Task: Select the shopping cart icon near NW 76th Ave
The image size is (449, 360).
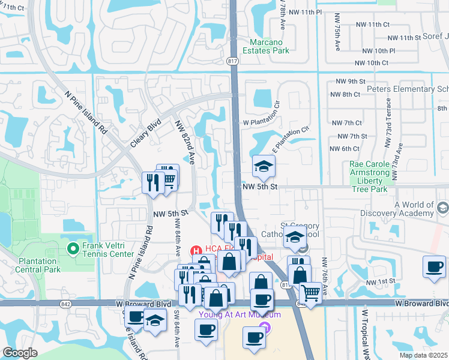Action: [310, 293]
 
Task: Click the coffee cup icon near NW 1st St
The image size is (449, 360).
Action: [434, 267]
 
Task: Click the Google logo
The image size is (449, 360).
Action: [20, 353]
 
